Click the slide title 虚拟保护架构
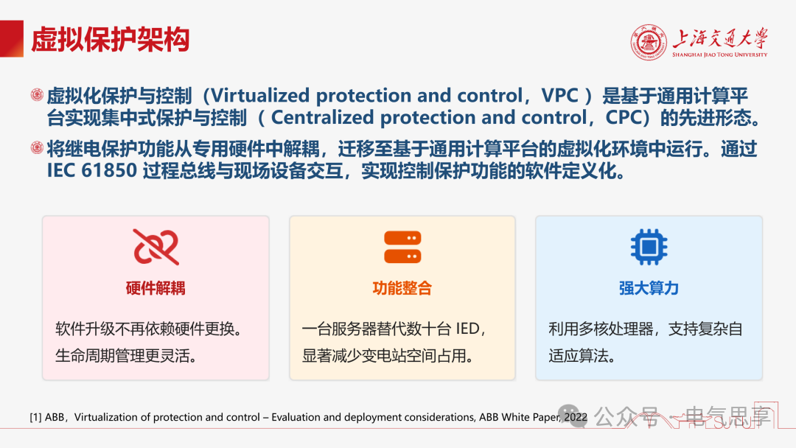(x=110, y=40)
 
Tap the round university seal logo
(x=649, y=43)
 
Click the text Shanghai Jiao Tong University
(x=720, y=55)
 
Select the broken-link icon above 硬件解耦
(x=156, y=247)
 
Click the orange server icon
(x=402, y=247)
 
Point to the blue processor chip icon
(x=649, y=247)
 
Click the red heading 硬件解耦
(x=156, y=288)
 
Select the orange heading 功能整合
(x=402, y=288)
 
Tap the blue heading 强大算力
(x=649, y=288)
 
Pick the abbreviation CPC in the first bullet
(x=624, y=118)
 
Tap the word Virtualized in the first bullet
(x=260, y=95)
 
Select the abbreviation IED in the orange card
(x=467, y=329)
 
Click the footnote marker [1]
(x=35, y=418)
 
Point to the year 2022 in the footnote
(x=576, y=417)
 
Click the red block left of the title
(x=12, y=38)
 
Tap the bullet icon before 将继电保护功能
(x=37, y=147)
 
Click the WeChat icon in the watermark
(x=570, y=416)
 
